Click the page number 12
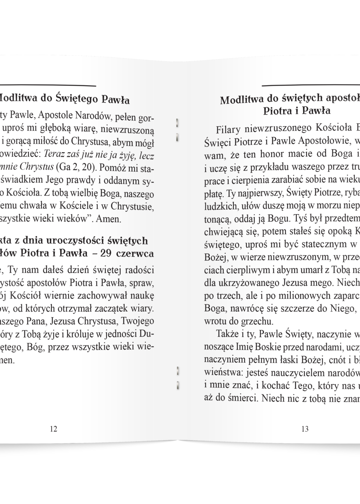[x=53, y=429]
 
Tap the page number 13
[x=305, y=429]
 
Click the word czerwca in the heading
[x=135, y=254]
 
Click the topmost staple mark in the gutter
[x=177, y=122]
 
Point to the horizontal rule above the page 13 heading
[x=311, y=85]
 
